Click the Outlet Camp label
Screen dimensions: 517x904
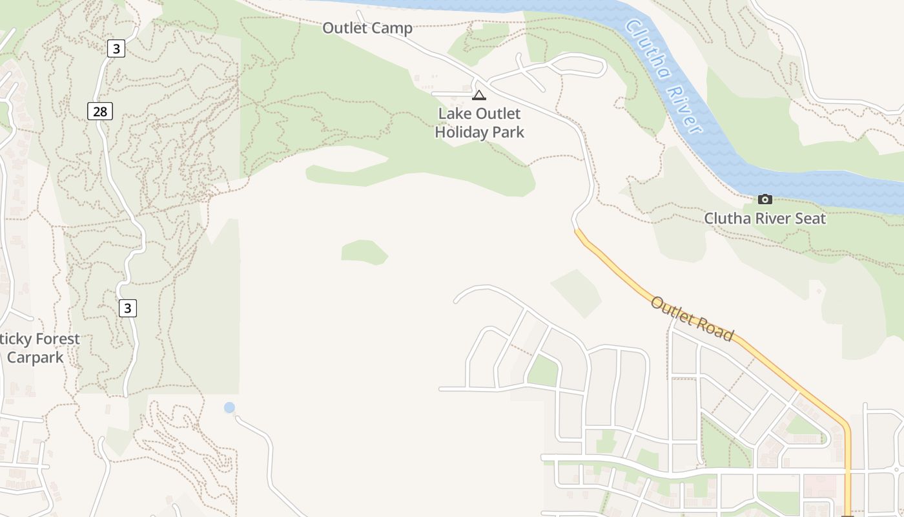367,28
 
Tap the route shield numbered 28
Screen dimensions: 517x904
100,111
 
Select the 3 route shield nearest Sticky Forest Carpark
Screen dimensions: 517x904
128,308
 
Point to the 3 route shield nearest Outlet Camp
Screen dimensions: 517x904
116,48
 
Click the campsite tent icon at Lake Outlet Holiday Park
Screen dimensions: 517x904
478,96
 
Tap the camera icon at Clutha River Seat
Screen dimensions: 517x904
765,199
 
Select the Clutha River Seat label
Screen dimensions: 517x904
765,218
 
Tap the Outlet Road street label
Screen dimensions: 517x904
692,319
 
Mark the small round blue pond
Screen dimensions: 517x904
229,407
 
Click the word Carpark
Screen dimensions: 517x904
35,357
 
